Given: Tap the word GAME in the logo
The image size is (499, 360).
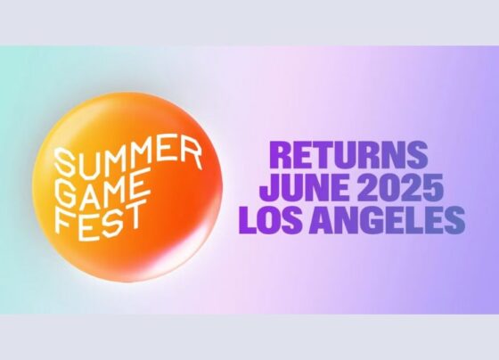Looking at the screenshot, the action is click(102, 190).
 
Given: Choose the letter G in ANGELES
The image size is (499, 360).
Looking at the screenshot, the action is click(374, 220).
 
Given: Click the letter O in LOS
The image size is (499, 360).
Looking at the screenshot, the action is click(271, 220).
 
